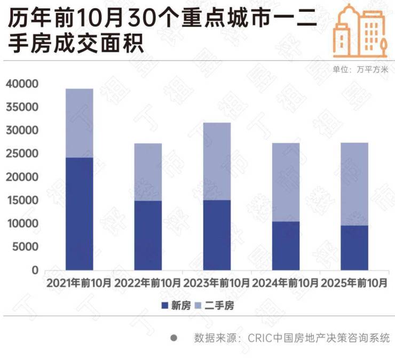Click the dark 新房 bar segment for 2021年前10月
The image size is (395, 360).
[x=79, y=213]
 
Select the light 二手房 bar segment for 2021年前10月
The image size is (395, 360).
[x=79, y=123]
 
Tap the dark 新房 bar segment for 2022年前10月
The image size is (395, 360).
[x=148, y=235]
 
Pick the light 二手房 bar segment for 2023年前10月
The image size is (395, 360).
[x=217, y=161]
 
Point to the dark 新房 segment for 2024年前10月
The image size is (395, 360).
[x=286, y=245]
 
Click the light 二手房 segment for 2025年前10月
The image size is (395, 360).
[x=354, y=183]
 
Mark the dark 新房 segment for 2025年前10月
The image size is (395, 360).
[x=354, y=247]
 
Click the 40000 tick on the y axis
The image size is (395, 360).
[x=22, y=84]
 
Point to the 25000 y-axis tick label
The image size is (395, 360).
[x=22, y=154]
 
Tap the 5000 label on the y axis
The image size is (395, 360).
[x=26, y=247]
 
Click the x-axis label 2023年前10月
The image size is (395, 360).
[x=217, y=283]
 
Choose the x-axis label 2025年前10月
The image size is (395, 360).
[x=354, y=283]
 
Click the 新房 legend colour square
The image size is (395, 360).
[x=164, y=306]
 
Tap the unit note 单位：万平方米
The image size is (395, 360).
[x=359, y=69]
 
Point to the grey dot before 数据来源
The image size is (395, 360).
[x=173, y=338]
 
